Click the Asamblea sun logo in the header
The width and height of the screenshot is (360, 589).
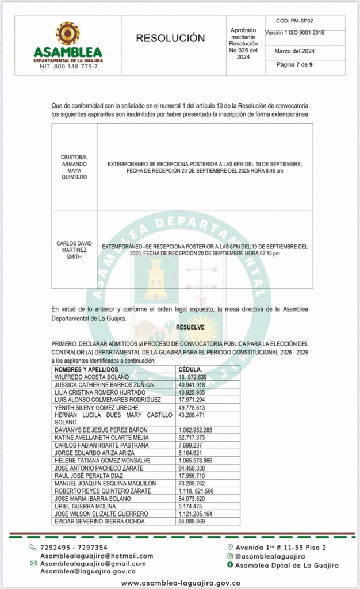(68, 33)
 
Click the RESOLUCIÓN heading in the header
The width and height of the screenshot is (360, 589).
(170, 39)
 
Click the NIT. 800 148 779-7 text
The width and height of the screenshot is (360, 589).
(68, 67)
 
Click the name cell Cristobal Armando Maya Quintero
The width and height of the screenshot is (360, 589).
(74, 167)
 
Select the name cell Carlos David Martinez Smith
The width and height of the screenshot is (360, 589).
(74, 250)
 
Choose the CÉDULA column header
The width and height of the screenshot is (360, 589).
(190, 369)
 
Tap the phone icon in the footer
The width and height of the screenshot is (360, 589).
(33, 548)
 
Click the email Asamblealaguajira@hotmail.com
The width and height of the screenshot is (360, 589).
(97, 556)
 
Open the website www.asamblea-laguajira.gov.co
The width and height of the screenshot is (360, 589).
(181, 583)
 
